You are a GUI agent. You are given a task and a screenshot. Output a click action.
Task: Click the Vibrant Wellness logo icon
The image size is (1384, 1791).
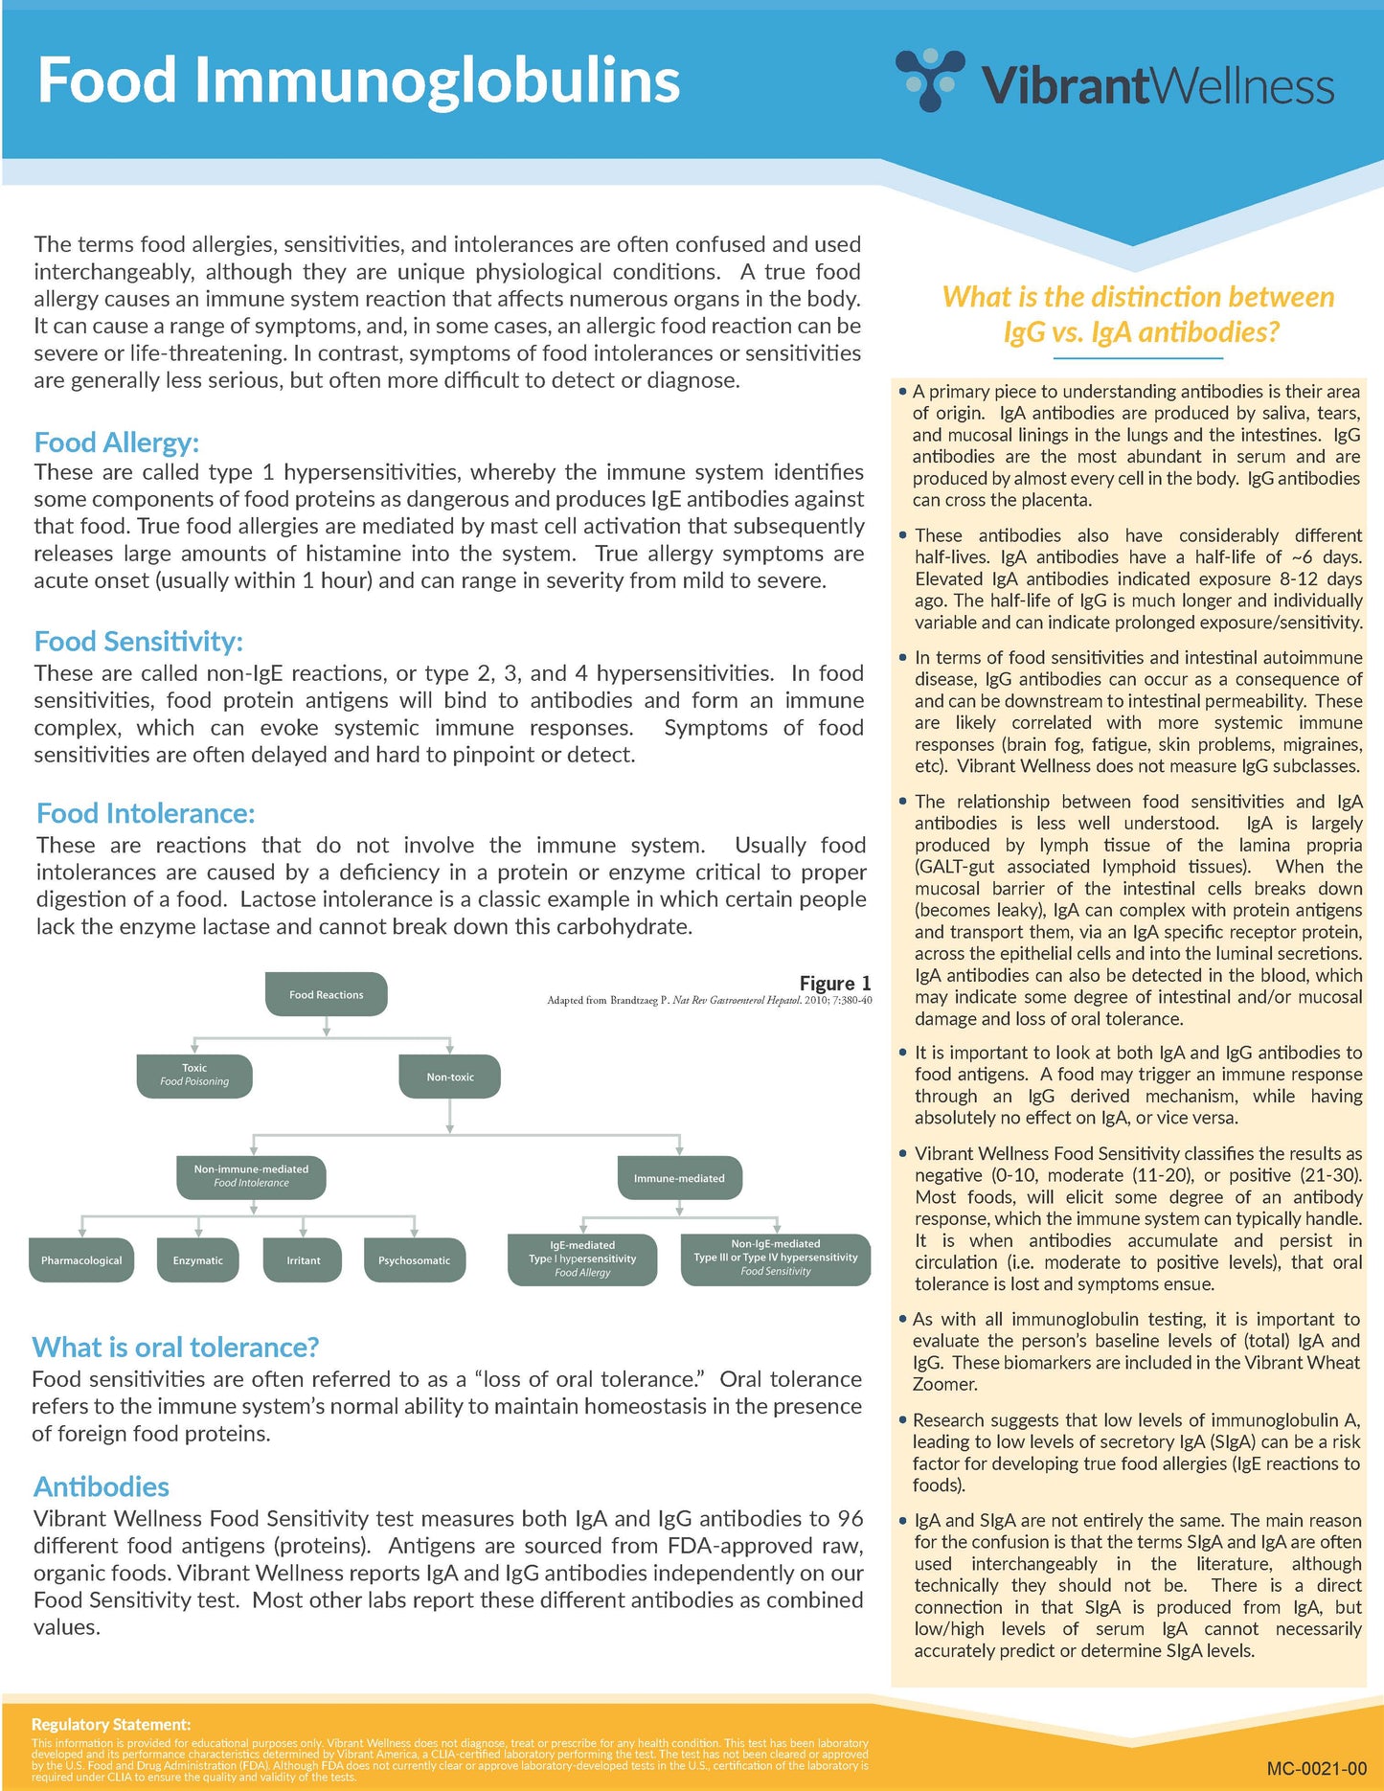tap(929, 79)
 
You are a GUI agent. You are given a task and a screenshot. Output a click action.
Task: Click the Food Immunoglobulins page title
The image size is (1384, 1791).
tap(358, 80)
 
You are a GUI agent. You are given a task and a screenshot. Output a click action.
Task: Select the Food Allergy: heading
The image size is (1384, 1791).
tap(116, 442)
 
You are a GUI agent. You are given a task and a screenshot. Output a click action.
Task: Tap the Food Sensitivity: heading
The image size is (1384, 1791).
tap(138, 641)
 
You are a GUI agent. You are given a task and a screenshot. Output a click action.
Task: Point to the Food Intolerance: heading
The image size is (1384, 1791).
tap(146, 813)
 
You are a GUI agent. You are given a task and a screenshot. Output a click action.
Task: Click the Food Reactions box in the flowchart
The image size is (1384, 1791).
tap(326, 994)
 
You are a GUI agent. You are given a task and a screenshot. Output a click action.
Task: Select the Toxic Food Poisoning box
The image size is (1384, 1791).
tap(194, 1076)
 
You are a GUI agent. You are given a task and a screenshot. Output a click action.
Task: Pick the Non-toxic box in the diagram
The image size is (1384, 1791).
tap(450, 1077)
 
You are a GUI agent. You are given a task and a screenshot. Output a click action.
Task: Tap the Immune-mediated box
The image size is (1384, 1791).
tap(679, 1178)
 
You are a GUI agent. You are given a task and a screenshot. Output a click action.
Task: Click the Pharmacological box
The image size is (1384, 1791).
tap(81, 1260)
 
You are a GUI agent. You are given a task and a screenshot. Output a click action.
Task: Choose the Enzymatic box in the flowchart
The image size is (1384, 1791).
tap(197, 1260)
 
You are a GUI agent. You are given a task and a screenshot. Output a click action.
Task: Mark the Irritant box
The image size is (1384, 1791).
tap(303, 1260)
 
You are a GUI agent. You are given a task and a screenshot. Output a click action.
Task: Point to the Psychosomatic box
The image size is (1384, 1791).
tap(414, 1260)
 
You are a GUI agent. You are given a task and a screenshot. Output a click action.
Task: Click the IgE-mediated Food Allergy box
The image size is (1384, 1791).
tap(582, 1259)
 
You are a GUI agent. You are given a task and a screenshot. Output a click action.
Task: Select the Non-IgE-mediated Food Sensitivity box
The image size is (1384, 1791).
tap(775, 1258)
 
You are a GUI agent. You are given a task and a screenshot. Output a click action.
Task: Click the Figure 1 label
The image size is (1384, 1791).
tap(835, 984)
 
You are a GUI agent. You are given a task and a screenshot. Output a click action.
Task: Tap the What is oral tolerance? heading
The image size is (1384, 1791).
tap(175, 1348)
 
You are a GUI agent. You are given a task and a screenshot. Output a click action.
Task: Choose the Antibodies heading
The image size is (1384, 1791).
tap(102, 1486)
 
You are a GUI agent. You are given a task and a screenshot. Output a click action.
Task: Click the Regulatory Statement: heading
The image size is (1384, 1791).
tap(111, 1724)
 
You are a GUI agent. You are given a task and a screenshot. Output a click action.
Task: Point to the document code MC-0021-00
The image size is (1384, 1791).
tap(1316, 1769)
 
